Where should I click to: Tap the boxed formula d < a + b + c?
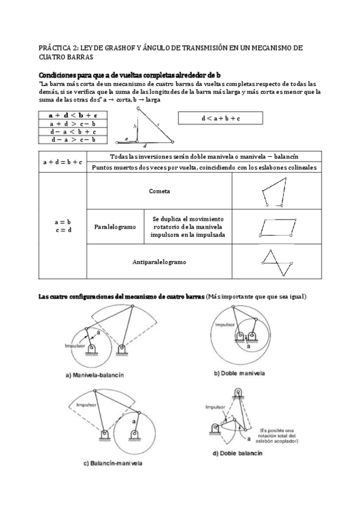221,118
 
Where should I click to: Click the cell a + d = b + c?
62,162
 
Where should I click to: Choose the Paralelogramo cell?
115,227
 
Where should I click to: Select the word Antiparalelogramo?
159,262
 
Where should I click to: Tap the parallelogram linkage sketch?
274,227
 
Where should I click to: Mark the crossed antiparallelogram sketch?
273,260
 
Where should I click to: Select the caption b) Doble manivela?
241,373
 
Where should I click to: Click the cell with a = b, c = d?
62,226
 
